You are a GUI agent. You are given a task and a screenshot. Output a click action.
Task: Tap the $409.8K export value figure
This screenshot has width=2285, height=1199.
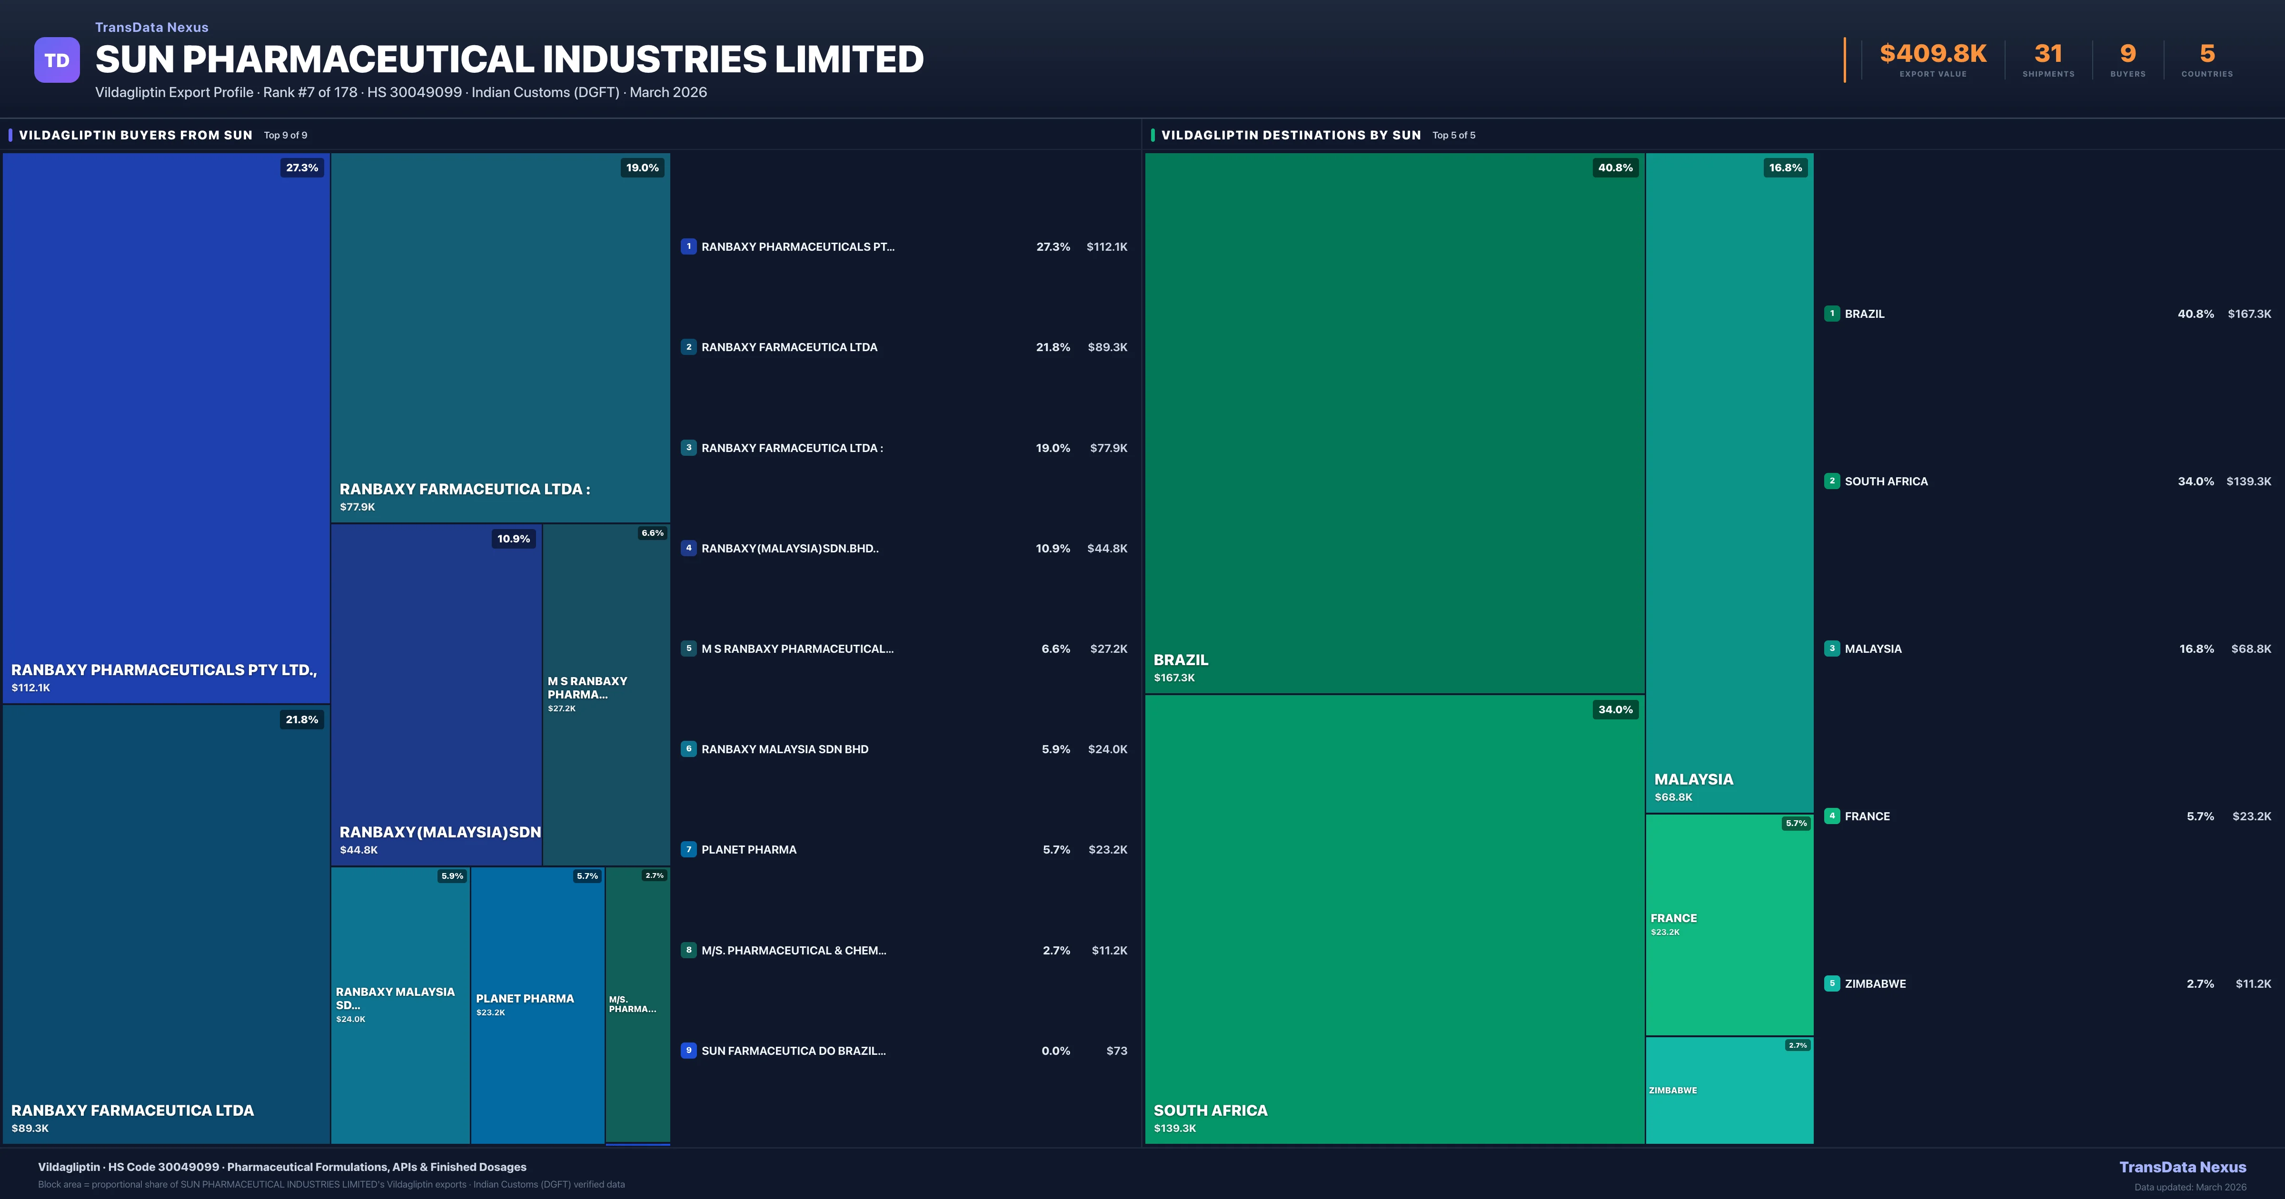point(1933,54)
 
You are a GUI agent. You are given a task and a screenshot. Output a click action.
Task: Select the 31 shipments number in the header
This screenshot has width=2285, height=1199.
point(2048,54)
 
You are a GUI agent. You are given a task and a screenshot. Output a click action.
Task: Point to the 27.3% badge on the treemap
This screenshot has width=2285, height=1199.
point(302,167)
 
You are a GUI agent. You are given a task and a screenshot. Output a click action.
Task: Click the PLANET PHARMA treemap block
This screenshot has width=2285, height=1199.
point(536,1005)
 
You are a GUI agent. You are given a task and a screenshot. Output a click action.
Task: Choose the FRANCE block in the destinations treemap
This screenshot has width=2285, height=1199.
point(1729,924)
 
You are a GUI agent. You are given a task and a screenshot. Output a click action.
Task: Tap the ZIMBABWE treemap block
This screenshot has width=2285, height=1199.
point(1729,1090)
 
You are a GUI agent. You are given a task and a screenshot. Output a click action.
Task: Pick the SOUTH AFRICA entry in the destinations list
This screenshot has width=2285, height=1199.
point(1886,482)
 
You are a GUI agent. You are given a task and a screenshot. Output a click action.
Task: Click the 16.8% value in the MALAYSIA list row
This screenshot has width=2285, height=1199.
point(2196,649)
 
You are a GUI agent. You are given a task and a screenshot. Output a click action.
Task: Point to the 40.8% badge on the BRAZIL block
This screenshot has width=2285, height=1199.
point(1614,167)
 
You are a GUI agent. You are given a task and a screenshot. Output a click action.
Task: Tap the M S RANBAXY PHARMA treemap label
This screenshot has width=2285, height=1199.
point(587,688)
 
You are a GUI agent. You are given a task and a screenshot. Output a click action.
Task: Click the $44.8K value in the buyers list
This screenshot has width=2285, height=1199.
point(1107,549)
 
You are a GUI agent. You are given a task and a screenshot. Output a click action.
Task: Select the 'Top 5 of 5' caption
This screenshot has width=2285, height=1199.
point(1454,136)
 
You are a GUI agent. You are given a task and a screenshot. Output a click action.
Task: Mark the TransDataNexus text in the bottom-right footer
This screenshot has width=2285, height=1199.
point(2182,1167)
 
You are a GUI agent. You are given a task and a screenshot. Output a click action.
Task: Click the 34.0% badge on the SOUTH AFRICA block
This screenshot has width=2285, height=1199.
point(1614,709)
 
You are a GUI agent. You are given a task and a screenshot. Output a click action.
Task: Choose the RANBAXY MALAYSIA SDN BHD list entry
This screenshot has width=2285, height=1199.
point(784,749)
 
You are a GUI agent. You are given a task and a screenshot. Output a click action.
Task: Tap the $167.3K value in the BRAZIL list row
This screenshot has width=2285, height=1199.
point(2249,314)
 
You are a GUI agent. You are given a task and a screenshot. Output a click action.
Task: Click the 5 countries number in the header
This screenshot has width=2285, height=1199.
point(2207,54)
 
